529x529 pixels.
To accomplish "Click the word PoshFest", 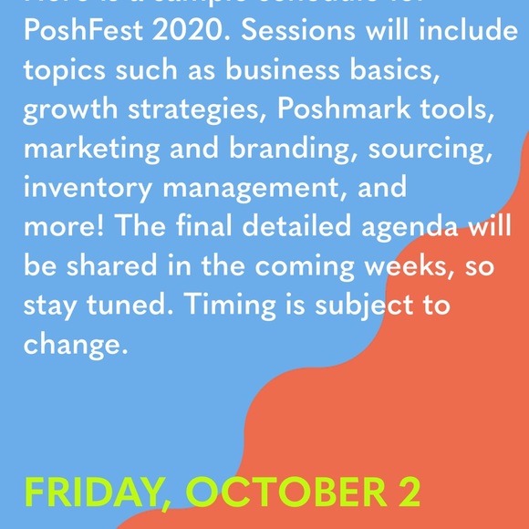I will tap(83, 30).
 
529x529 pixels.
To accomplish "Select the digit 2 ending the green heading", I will tap(407, 493).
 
